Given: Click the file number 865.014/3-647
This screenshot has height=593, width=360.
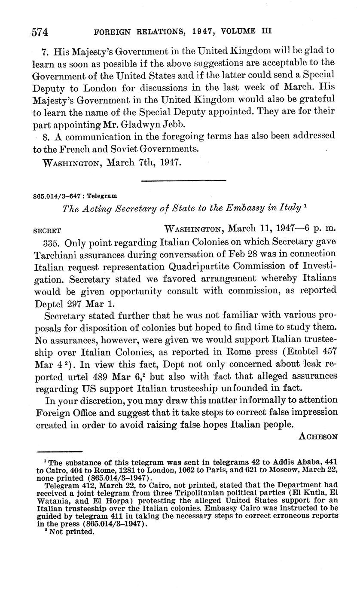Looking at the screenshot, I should [58, 196].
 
